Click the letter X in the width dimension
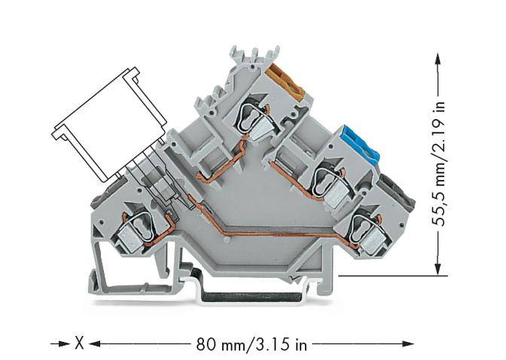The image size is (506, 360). [78, 343]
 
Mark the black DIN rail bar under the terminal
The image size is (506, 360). [248, 291]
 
